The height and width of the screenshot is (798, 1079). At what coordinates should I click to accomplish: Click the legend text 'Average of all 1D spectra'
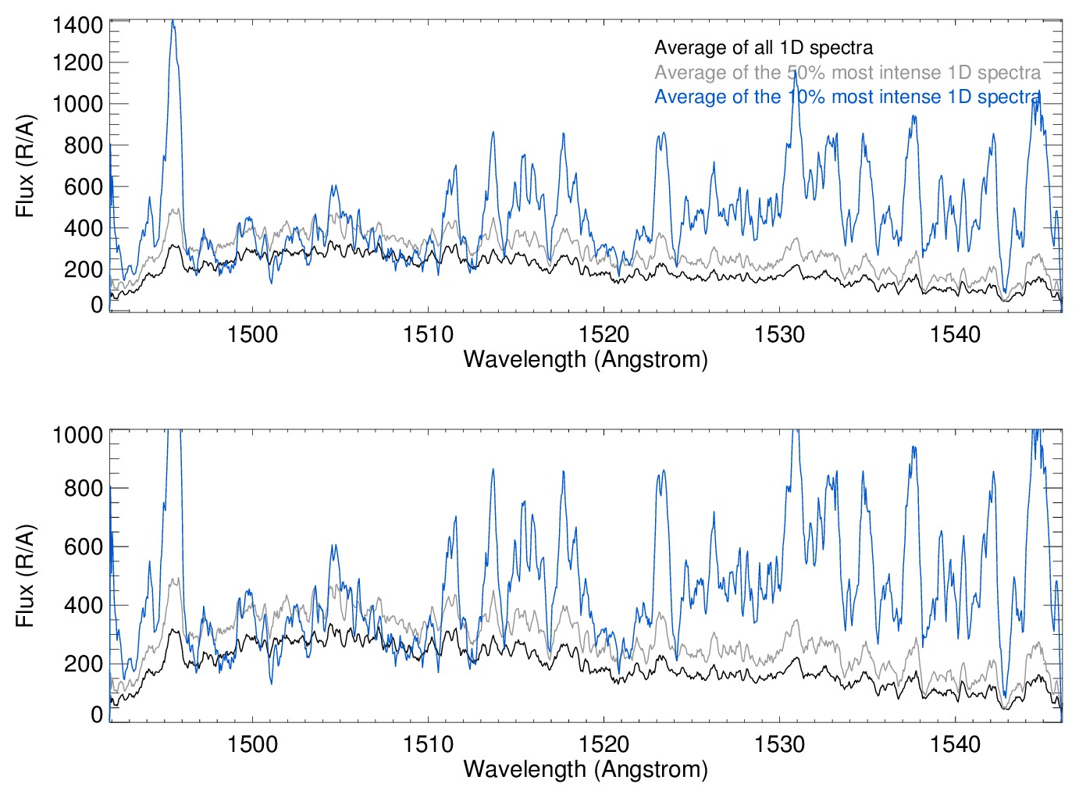tap(763, 48)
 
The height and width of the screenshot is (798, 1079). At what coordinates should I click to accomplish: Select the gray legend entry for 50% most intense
tap(847, 73)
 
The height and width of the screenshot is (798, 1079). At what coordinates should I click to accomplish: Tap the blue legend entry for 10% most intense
tap(847, 97)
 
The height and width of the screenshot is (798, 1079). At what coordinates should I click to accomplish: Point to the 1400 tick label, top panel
tap(77, 25)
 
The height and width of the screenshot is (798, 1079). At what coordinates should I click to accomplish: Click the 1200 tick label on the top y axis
tap(77, 63)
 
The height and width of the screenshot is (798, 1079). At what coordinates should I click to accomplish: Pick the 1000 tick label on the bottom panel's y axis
tap(77, 435)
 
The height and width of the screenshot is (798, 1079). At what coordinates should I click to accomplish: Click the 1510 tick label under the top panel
tap(428, 334)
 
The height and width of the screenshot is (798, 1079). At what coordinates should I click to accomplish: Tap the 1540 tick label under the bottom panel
tap(955, 744)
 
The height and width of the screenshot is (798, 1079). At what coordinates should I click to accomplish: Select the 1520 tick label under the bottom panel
tap(604, 744)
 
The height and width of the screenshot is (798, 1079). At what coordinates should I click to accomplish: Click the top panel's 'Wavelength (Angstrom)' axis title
tap(586, 359)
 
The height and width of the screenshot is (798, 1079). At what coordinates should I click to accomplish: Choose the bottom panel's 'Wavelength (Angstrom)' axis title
tap(586, 769)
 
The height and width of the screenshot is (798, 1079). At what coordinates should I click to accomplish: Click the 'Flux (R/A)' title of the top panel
tap(25, 166)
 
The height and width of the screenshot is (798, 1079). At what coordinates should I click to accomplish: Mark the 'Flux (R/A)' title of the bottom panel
tap(25, 575)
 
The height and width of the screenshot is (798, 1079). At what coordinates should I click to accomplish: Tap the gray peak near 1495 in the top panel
tap(175, 209)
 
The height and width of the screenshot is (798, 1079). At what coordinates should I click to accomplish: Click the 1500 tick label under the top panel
tap(252, 334)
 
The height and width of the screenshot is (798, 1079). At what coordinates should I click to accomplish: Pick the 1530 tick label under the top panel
tap(779, 334)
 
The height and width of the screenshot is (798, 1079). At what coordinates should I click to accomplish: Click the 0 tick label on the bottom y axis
tap(97, 714)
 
